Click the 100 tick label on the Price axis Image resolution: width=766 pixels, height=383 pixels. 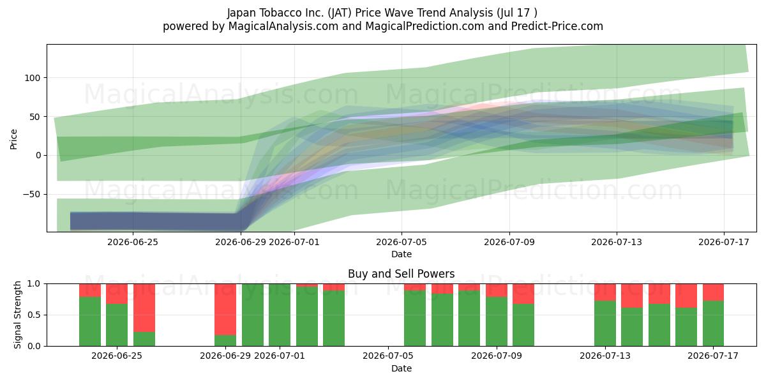point(33,78)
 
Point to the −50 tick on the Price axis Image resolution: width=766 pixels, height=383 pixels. point(32,194)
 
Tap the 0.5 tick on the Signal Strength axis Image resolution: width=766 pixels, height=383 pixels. point(34,315)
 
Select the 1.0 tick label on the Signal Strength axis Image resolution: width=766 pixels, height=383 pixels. point(34,283)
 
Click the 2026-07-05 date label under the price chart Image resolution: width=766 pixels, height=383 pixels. point(402,242)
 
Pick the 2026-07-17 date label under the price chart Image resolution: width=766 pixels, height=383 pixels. point(724,242)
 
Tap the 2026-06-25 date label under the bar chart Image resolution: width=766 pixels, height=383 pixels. point(117,356)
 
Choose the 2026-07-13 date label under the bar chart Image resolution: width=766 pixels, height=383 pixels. point(605,356)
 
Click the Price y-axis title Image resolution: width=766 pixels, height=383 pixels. point(13,139)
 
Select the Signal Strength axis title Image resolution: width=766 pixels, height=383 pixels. point(17,315)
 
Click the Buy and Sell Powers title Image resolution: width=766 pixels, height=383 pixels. point(401,274)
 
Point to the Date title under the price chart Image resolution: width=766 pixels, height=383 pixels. point(402,254)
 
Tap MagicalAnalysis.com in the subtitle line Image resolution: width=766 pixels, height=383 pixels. point(283,26)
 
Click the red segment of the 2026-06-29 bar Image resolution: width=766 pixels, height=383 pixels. point(225,309)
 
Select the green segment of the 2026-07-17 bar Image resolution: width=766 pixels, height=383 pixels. point(713,323)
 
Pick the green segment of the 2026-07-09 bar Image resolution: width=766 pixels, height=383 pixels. point(497,322)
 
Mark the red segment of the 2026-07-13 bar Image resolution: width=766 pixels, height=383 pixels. point(605,292)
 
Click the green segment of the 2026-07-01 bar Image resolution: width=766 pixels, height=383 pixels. point(280,315)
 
